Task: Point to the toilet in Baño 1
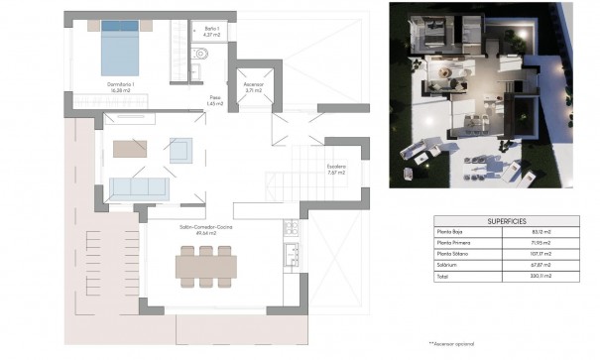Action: coord(200,69)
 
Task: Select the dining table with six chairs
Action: coord(205,265)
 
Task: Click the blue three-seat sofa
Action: coord(138,187)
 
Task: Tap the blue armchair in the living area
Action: coord(180,150)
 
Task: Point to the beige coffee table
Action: coord(129,150)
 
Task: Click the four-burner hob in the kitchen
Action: coord(292,230)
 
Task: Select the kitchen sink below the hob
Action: coord(292,255)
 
